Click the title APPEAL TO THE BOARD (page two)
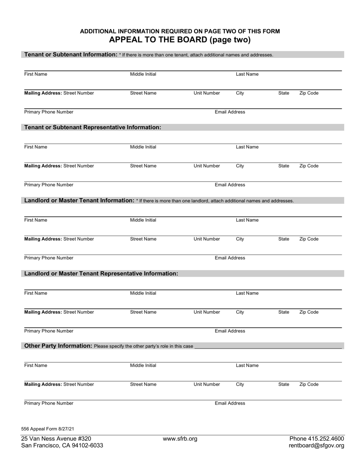[180, 40]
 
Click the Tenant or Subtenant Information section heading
[71, 55]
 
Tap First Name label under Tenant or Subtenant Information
[36, 74]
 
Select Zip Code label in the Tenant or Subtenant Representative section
[309, 166]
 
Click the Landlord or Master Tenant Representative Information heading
[101, 274]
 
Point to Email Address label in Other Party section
[230, 403]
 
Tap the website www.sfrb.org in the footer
[180, 439]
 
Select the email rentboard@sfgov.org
[316, 446]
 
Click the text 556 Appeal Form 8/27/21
[48, 429]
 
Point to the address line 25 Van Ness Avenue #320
[56, 439]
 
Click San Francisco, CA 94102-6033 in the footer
[62, 446]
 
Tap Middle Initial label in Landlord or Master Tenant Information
[143, 220]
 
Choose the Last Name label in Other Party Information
[247, 366]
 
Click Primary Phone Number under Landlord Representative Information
[49, 331]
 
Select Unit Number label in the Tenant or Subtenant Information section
[207, 93]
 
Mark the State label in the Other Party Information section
[283, 385]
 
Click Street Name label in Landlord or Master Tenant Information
[143, 239]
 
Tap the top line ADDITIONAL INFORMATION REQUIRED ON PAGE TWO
[180, 31]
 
